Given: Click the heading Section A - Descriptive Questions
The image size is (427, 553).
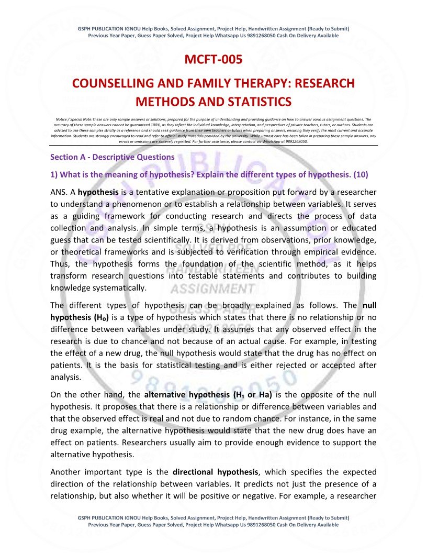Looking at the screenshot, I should pyautogui.click(x=113, y=157).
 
